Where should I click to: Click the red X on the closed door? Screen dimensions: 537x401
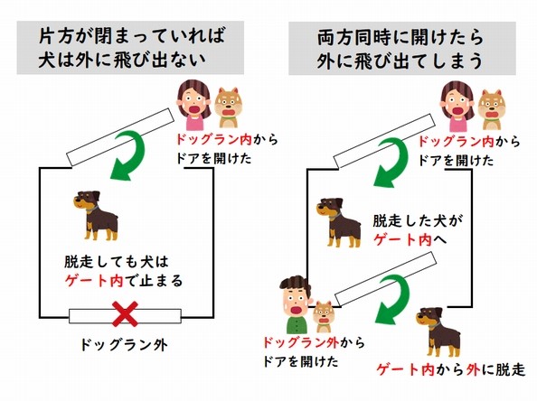pos(126,313)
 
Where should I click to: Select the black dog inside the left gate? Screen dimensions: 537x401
pos(96,215)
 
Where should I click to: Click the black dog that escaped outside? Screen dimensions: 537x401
pos(438,331)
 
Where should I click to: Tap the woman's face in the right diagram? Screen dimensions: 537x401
pos(457,105)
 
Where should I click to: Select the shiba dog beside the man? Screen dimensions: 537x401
pos(324,316)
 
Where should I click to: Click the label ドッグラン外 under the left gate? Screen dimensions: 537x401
pos(124,345)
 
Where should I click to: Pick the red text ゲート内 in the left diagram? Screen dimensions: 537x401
pos(94,281)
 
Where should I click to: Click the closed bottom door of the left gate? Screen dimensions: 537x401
pos(125,316)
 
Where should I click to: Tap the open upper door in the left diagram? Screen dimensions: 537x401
pos(120,137)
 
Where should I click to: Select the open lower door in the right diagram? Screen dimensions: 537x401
pos(386,279)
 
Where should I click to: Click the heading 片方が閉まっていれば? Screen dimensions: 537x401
pos(131,36)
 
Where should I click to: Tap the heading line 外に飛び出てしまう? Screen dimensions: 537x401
pos(400,61)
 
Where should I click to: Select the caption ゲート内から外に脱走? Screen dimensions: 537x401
pos(451,370)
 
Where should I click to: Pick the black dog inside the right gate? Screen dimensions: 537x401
pos(339,222)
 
